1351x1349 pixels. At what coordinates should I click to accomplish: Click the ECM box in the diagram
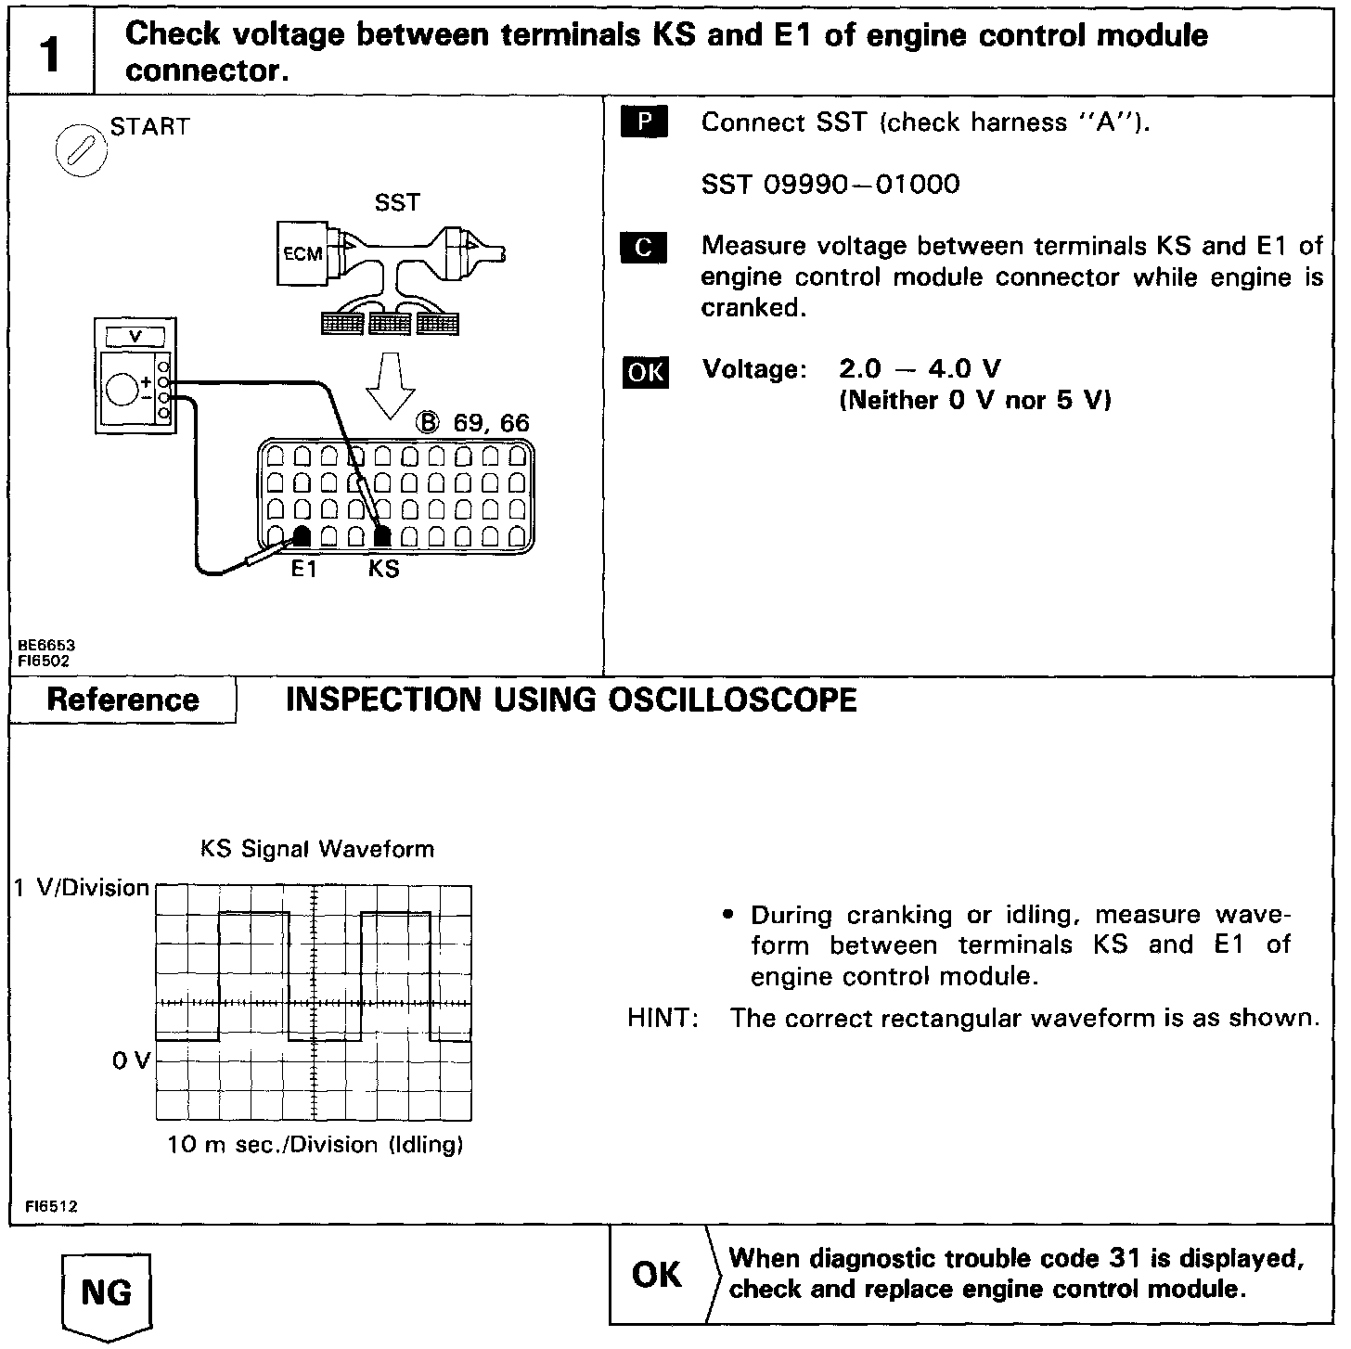[x=302, y=253]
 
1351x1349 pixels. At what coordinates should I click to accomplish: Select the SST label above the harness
[x=397, y=203]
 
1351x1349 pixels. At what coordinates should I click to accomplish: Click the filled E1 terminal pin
[x=302, y=535]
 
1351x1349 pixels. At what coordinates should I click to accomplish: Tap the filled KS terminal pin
[x=382, y=535]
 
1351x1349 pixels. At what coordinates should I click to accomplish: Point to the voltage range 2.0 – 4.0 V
[x=920, y=369]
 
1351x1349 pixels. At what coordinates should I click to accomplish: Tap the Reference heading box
[x=122, y=700]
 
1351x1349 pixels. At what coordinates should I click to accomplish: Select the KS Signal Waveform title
[x=317, y=849]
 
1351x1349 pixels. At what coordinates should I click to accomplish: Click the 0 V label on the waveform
[x=130, y=1060]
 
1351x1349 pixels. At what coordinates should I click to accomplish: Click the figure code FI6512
[x=51, y=1206]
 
